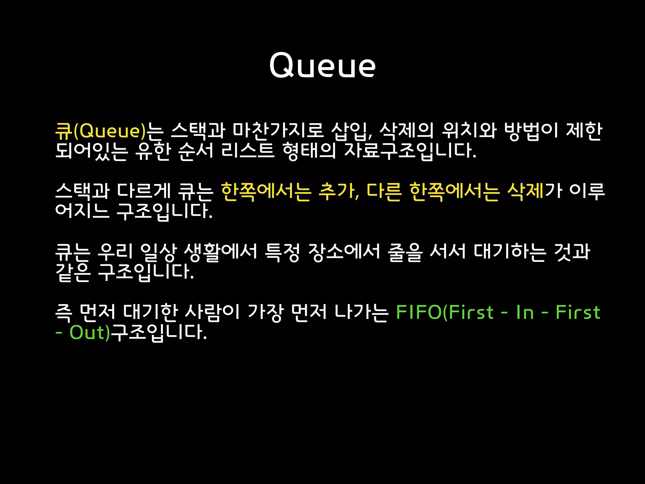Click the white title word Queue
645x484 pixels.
click(322, 65)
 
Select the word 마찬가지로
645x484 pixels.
click(278, 131)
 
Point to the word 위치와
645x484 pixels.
click(469, 131)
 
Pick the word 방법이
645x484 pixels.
click(531, 131)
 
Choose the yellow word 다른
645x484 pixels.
click(384, 191)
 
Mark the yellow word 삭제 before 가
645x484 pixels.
click(525, 191)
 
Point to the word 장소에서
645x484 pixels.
click(344, 252)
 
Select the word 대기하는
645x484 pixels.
click(509, 252)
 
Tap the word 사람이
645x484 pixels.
click(212, 312)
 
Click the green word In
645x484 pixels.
click(525, 312)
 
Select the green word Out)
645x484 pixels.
click(90, 332)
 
